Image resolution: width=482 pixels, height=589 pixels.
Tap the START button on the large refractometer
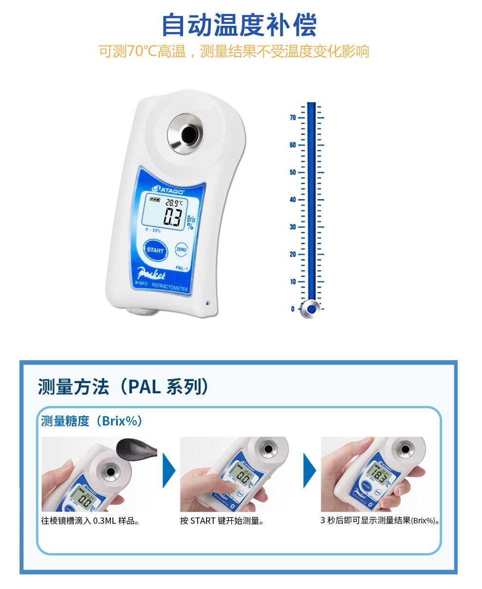coord(155,250)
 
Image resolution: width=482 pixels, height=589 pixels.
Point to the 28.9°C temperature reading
coord(173,202)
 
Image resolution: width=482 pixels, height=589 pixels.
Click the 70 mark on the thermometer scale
coord(293,118)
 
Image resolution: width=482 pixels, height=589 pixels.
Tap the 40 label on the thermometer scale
coord(293,200)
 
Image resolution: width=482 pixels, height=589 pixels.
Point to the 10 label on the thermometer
coord(293,282)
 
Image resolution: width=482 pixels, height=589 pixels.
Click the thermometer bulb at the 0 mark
coord(310,309)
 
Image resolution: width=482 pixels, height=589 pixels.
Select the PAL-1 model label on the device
coord(183,268)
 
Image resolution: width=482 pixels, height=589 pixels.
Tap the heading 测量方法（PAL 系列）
coord(124,387)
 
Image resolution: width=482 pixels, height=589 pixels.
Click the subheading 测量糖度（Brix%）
coord(92,421)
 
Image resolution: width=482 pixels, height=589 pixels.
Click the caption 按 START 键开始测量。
coord(222,521)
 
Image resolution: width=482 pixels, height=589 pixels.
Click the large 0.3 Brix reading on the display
coord(173,217)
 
